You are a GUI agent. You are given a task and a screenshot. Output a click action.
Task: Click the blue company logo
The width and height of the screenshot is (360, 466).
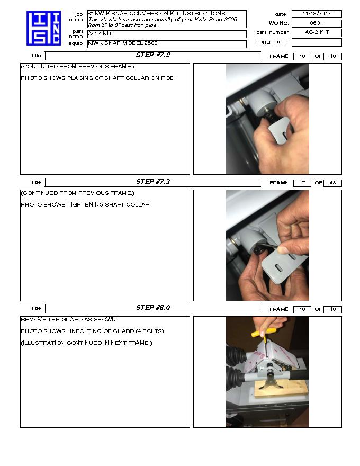(43, 28)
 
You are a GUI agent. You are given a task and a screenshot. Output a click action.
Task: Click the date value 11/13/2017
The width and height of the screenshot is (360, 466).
(317, 14)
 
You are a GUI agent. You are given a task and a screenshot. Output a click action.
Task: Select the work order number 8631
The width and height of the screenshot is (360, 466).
(317, 23)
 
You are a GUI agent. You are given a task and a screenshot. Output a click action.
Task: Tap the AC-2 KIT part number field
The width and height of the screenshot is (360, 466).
(317, 32)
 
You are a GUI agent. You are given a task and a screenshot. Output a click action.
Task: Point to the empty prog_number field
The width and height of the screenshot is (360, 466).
(317, 42)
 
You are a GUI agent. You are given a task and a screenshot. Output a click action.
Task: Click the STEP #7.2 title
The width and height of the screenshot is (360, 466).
(152, 55)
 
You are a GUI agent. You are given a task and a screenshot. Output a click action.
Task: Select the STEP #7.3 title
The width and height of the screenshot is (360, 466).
(152, 182)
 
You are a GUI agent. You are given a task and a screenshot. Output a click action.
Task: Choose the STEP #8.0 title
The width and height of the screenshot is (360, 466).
(152, 308)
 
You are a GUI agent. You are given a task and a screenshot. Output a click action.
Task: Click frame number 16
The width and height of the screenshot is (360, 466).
(301, 56)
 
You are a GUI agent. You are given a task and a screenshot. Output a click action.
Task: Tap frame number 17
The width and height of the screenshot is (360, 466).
(301, 183)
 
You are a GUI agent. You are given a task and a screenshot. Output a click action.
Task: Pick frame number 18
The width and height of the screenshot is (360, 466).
(301, 309)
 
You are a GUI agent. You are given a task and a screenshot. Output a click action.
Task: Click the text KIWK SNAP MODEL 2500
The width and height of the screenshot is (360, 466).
(122, 43)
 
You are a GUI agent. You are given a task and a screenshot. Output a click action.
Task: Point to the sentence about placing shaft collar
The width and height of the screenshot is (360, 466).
(98, 78)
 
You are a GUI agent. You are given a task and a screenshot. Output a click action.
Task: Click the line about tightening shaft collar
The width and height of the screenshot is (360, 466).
(86, 204)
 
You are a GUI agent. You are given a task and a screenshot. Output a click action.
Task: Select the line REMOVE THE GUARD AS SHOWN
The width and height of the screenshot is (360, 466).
(69, 319)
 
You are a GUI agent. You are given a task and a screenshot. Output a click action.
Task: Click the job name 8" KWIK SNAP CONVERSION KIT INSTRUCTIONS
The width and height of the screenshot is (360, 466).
(156, 14)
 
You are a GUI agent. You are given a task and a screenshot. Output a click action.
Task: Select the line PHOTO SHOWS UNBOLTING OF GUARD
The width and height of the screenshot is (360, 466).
(93, 331)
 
